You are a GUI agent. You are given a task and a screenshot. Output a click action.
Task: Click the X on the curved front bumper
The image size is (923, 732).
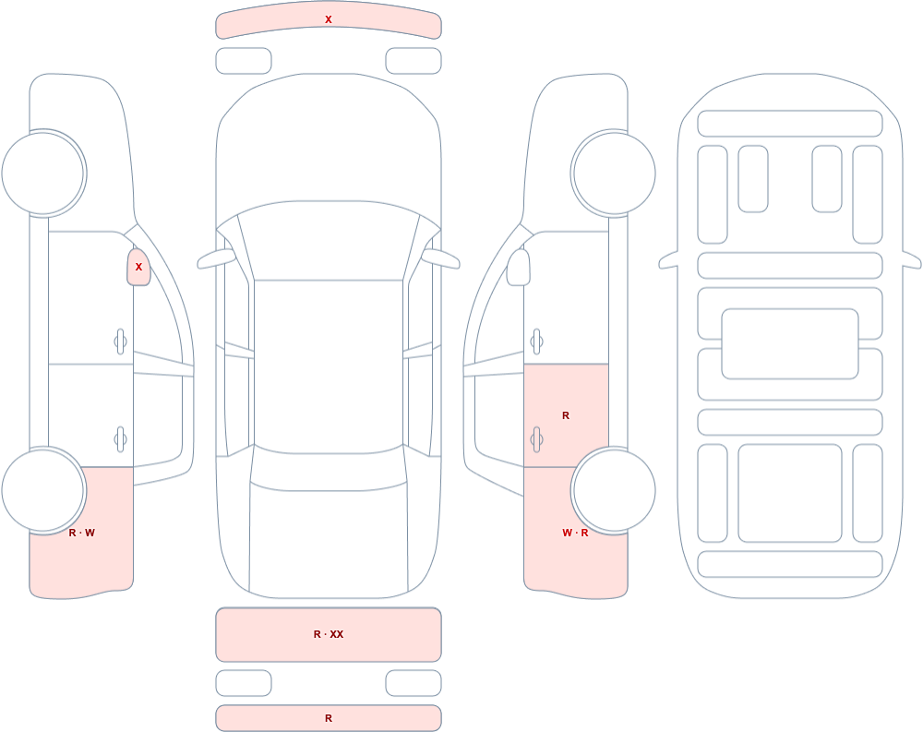329,19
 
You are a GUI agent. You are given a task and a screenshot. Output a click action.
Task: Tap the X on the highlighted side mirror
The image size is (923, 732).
139,267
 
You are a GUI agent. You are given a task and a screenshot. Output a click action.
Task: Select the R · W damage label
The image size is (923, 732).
82,533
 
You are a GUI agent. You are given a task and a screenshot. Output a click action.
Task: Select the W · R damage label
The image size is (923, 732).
575,533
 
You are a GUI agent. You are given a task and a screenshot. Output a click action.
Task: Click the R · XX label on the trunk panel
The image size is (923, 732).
329,634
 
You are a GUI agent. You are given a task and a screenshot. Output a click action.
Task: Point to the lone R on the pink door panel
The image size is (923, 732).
566,415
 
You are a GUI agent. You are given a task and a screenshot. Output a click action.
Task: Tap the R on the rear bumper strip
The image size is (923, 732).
329,718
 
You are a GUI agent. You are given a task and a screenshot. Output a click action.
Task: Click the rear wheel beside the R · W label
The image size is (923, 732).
43,490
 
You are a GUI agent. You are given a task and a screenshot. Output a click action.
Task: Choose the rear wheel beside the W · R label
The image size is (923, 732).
614,490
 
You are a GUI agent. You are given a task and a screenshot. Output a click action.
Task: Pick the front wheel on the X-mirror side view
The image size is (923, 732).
43,174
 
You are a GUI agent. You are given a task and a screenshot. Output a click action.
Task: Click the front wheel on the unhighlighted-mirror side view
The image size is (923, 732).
614,174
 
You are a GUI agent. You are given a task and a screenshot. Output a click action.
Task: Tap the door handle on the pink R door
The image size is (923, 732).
536,439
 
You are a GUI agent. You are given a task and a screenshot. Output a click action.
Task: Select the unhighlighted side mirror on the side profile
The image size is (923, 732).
519,268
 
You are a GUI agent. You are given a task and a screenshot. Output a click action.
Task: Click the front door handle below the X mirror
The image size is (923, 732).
121,342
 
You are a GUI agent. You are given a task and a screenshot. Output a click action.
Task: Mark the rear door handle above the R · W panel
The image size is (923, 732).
121,439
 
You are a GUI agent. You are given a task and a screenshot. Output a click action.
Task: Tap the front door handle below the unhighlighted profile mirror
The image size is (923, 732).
536,342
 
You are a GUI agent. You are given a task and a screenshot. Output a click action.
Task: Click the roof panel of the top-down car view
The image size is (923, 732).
329,366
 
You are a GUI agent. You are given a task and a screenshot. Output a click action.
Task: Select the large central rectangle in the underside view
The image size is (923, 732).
790,344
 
